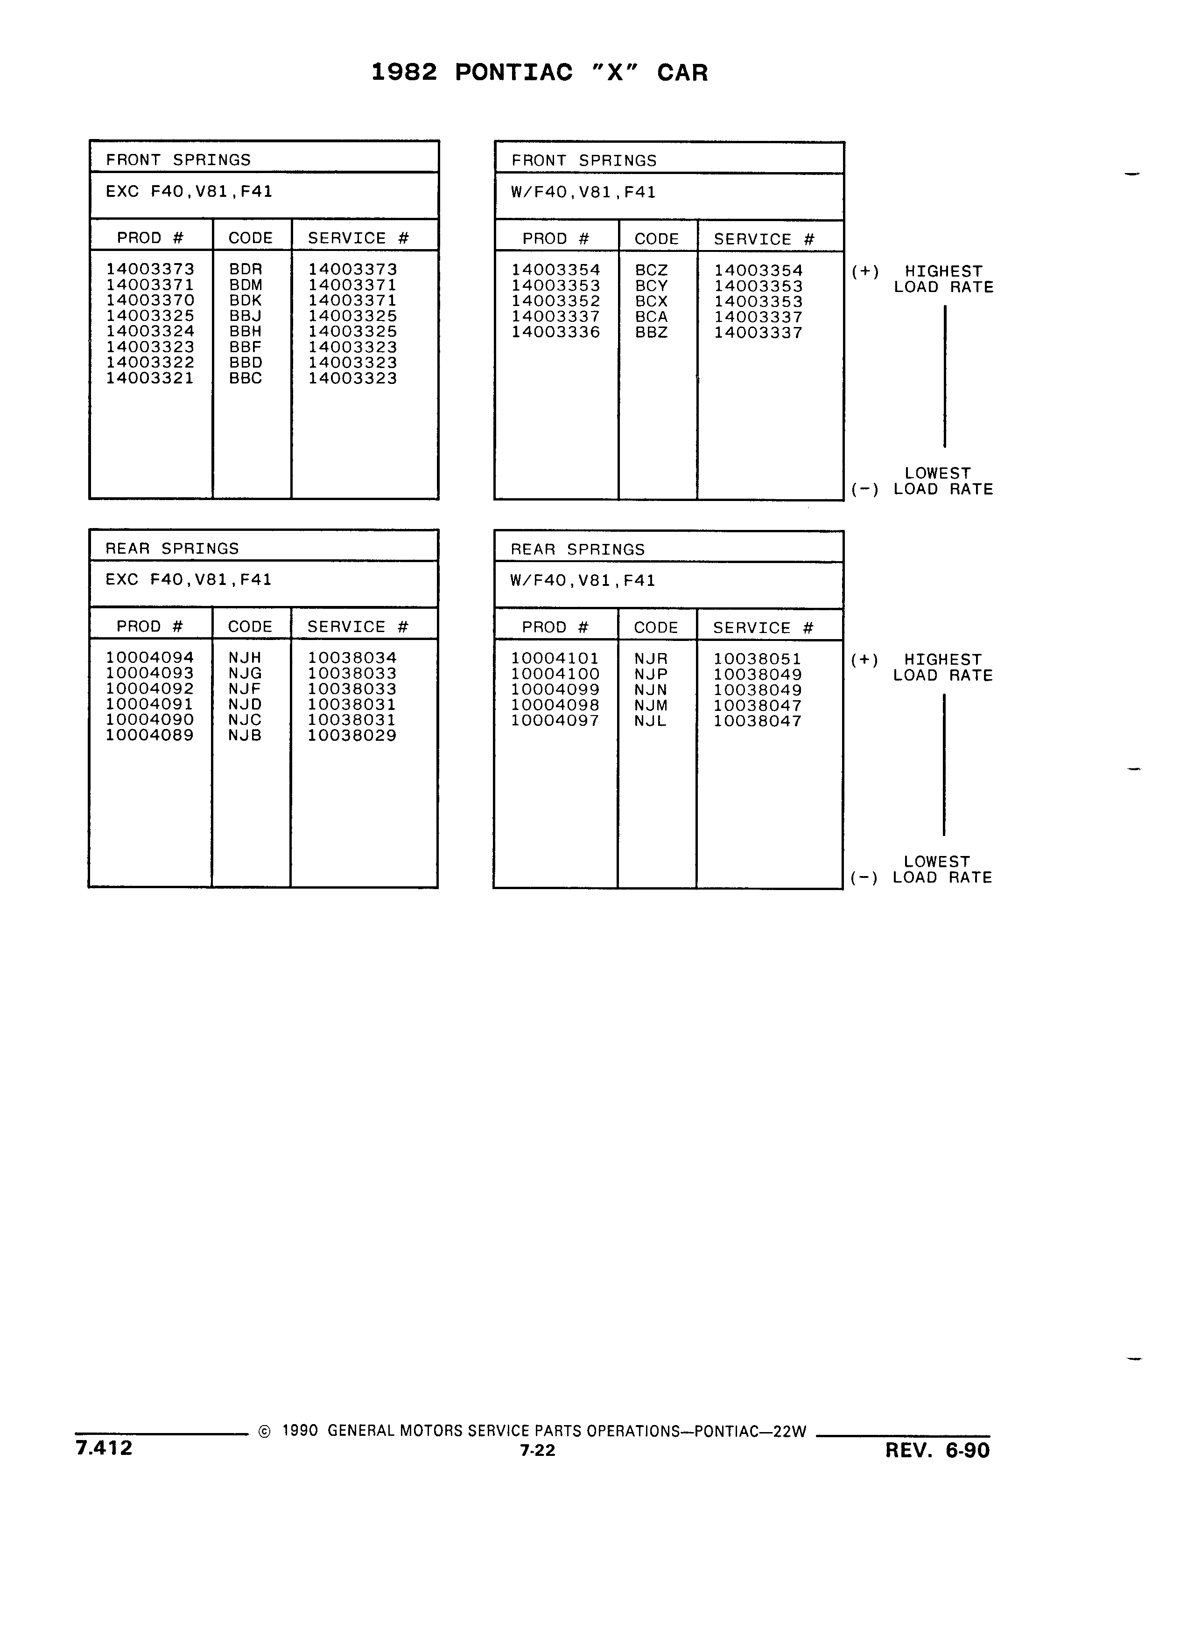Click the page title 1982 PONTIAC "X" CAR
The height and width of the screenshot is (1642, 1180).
pos(540,72)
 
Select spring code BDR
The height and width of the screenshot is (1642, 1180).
pos(246,269)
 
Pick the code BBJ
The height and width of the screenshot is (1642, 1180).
pos(246,316)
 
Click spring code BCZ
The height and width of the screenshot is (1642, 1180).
pos(651,270)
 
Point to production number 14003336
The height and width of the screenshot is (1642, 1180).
pos(555,332)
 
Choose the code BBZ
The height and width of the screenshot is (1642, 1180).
pos(651,332)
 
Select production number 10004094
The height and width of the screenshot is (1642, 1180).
pos(150,657)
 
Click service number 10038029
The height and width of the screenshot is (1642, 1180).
pos(352,736)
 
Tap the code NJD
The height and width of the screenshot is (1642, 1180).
pos(245,704)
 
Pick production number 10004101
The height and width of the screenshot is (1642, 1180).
pos(555,659)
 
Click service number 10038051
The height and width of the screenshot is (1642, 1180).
pos(758,659)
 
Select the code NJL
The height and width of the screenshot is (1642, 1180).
pos(650,721)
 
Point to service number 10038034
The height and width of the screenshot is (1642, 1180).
pos(352,657)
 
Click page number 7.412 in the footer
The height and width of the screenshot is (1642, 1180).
pos(104,1447)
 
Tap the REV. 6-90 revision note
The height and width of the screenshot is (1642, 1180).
pos(937,1450)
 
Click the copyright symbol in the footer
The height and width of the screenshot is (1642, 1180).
pos(264,1431)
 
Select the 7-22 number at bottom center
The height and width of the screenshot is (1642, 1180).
pos(537,1450)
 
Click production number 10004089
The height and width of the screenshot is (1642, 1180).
pos(150,736)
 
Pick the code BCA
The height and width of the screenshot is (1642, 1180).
pos(651,317)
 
